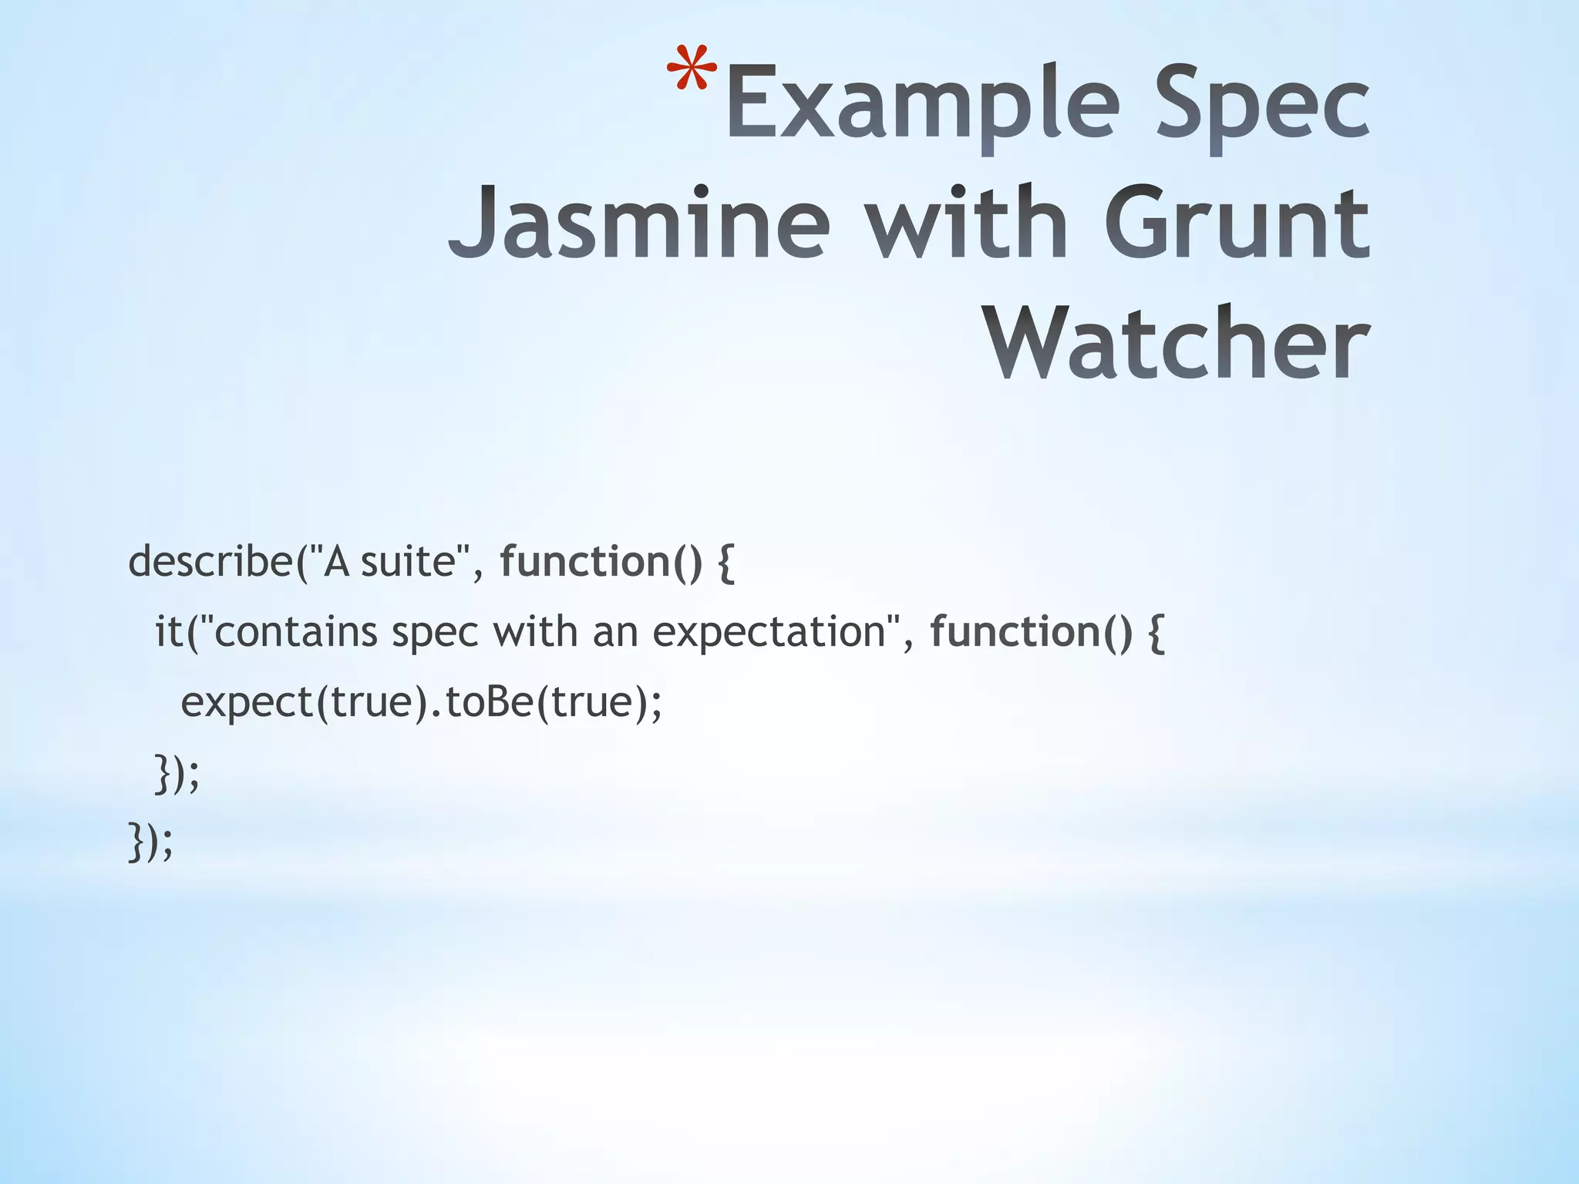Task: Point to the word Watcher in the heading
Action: click(x=1178, y=343)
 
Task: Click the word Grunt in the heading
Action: click(x=1237, y=223)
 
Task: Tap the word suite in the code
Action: click(x=409, y=561)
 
